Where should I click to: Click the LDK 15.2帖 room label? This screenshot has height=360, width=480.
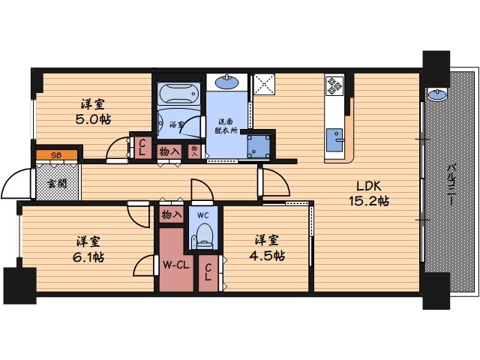click(x=369, y=193)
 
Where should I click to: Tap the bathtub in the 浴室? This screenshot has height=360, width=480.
click(x=178, y=93)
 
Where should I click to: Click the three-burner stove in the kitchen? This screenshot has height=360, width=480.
click(x=334, y=86)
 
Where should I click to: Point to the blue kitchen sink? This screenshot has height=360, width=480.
click(x=334, y=140)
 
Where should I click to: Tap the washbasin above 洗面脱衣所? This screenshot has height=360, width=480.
click(x=226, y=82)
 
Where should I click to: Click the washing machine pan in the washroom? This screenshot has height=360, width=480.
click(x=259, y=146)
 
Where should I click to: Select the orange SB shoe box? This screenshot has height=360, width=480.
click(x=57, y=155)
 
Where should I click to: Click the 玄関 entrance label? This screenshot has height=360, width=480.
click(x=57, y=184)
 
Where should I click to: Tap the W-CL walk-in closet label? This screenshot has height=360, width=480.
click(x=176, y=265)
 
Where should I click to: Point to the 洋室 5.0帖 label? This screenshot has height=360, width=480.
click(x=93, y=112)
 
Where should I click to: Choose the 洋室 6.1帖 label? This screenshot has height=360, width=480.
click(x=88, y=249)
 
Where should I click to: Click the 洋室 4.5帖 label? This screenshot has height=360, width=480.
click(x=267, y=247)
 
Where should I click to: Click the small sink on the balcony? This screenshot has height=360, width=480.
click(x=437, y=94)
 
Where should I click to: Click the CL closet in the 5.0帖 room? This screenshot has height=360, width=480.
click(x=142, y=148)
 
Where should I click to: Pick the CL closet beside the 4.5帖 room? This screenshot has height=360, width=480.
click(x=208, y=273)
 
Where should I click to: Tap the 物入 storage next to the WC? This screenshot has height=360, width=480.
click(x=172, y=214)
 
